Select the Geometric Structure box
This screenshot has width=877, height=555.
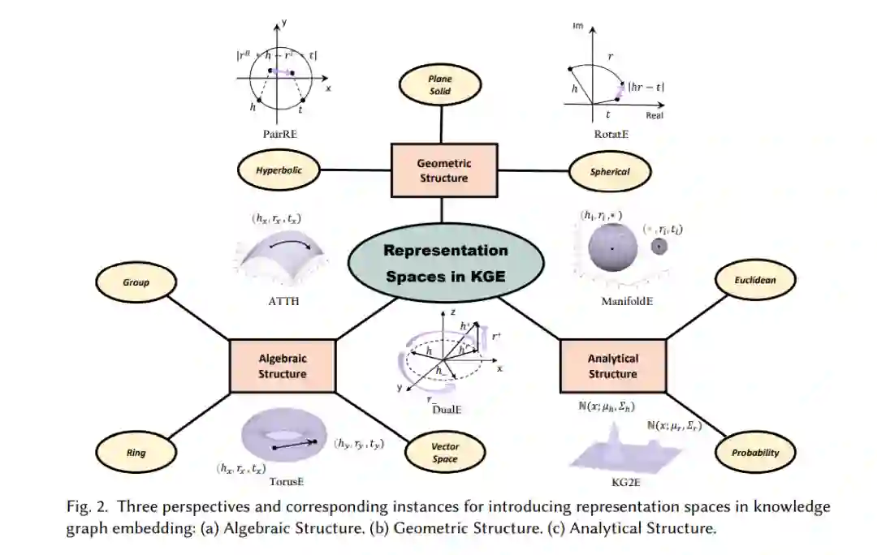point(443,170)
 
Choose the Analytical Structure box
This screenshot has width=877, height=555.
point(612,366)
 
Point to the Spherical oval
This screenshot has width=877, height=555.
point(611,171)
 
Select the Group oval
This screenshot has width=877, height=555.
point(136,283)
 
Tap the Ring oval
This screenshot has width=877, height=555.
point(136,453)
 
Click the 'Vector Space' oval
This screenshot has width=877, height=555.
point(445,453)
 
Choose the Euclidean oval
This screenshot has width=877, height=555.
point(756,279)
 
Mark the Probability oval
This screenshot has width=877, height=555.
point(756,453)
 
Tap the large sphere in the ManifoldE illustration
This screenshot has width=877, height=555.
point(610,247)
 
